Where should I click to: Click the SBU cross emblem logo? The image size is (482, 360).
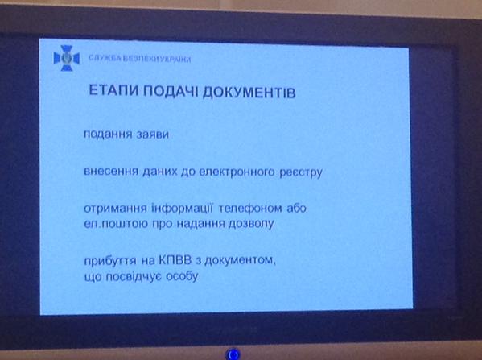(x=67, y=58)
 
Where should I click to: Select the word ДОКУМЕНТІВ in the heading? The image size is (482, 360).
(x=249, y=93)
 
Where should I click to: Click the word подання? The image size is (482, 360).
(x=108, y=134)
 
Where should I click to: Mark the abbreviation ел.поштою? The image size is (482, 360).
(x=116, y=224)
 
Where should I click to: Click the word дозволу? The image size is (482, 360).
(x=251, y=224)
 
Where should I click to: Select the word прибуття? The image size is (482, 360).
(x=110, y=261)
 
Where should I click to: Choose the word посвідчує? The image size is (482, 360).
(x=134, y=276)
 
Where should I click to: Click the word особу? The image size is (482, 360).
(x=182, y=276)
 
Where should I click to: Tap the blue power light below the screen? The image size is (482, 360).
(x=233, y=354)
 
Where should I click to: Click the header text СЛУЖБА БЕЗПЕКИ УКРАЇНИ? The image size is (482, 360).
(x=140, y=59)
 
